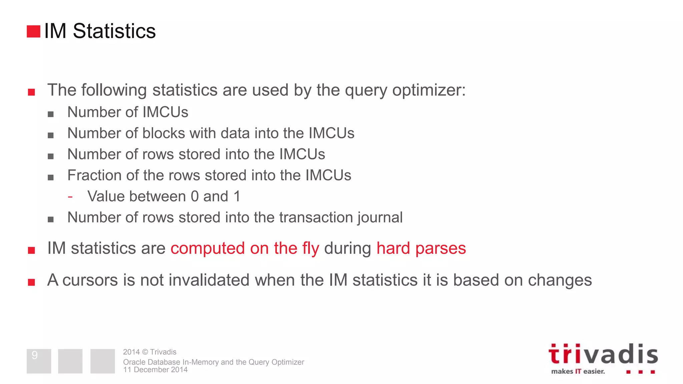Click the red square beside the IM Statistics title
click(33, 31)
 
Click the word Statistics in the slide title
click(114, 31)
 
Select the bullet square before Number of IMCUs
click(51, 114)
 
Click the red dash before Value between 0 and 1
click(70, 197)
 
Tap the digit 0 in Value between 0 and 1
click(195, 196)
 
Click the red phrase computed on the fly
click(245, 248)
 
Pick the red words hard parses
click(421, 248)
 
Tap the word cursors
click(90, 280)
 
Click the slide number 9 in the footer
click(35, 355)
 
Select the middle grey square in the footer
click(70, 361)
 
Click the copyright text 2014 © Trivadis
click(149, 352)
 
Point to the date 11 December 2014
click(155, 370)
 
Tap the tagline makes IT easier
click(578, 371)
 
